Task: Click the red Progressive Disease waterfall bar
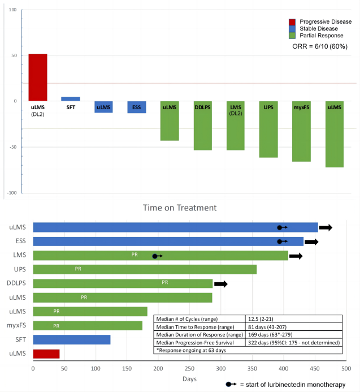pos(38,77)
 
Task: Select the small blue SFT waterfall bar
pos(70,99)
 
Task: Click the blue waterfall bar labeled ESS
pos(137,107)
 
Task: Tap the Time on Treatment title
pos(180,208)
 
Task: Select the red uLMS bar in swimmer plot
pos(46,354)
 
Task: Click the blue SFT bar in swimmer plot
pos(71,340)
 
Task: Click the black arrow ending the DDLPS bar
pos(221,283)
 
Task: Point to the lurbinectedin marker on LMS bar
pos(157,256)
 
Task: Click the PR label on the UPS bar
pos(78,269)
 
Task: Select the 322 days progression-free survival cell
pos(293,343)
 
